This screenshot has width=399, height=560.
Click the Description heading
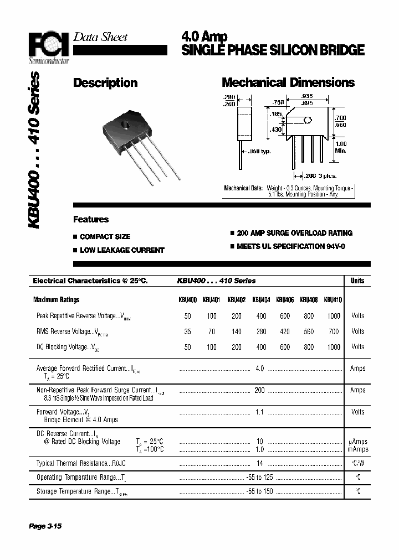pyautogui.click(x=105, y=83)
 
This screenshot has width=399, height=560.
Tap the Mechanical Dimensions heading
pyautogui.click(x=288, y=83)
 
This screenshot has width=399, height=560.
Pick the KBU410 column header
pyautogui.click(x=332, y=300)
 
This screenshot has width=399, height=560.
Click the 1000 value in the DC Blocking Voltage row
pyautogui.click(x=334, y=347)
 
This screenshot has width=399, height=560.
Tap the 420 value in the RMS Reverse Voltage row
pyautogui.click(x=284, y=331)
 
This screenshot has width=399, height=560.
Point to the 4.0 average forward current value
pyautogui.click(x=259, y=369)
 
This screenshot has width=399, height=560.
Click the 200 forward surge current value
pyautogui.click(x=259, y=391)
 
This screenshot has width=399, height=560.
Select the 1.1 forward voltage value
pyautogui.click(x=259, y=412)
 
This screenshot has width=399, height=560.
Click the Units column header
pyautogui.click(x=357, y=281)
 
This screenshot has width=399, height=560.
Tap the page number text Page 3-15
pyautogui.click(x=45, y=526)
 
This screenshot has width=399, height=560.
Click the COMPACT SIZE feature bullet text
pyautogui.click(x=105, y=237)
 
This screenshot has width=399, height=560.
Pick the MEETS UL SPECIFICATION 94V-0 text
pyautogui.click(x=290, y=246)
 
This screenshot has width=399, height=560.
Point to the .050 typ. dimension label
pyautogui.click(x=259, y=152)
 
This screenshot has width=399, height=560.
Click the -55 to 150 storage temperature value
pyautogui.click(x=259, y=492)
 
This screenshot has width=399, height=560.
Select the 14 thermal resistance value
pyautogui.click(x=259, y=464)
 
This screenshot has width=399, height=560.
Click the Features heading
pyautogui.click(x=91, y=220)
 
